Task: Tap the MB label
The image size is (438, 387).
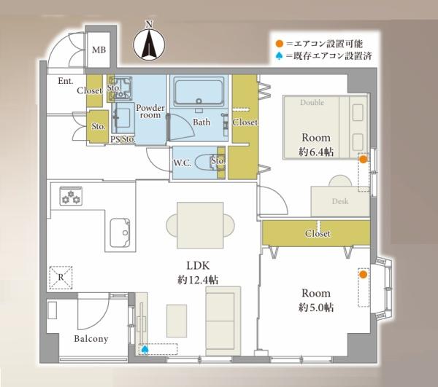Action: (99, 50)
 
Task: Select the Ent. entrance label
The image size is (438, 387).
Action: (66, 81)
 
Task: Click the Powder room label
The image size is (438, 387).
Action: (150, 112)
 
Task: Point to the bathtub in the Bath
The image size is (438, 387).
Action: (199, 91)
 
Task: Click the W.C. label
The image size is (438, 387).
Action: (182, 163)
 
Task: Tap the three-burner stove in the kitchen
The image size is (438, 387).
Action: (71, 196)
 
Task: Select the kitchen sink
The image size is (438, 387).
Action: (120, 232)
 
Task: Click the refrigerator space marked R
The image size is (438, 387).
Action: (61, 278)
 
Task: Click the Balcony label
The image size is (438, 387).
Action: (91, 339)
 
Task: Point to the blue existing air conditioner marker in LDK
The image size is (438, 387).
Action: (145, 349)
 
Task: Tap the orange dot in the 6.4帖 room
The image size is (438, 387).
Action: (363, 160)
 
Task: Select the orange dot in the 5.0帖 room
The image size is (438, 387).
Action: (363, 274)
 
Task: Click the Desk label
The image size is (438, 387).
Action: (340, 201)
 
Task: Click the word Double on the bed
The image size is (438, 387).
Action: (312, 102)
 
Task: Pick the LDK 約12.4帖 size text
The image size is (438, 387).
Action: (198, 273)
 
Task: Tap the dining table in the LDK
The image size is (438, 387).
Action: (200, 225)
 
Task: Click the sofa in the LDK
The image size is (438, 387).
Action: (223, 321)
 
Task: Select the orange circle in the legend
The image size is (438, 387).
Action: (279, 44)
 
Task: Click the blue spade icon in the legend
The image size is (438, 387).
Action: (279, 56)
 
